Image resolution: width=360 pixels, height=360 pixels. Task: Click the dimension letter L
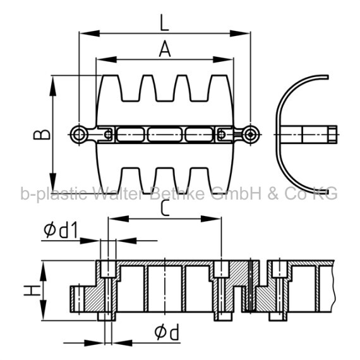(x=164, y=23)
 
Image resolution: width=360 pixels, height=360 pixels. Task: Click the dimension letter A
(x=165, y=49)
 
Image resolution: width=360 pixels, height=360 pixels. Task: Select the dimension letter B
(x=42, y=135)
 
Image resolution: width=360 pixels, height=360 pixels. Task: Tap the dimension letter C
(x=165, y=208)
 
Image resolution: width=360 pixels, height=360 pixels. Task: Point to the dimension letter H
(x=32, y=291)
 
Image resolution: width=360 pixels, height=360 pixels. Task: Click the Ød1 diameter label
(x=61, y=231)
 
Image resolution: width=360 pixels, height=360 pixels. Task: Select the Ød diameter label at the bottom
(x=167, y=332)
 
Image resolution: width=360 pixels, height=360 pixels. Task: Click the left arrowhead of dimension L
(x=90, y=33)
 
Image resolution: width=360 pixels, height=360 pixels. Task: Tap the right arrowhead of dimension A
(x=223, y=60)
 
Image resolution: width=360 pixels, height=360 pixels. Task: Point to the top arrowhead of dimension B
(x=53, y=86)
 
